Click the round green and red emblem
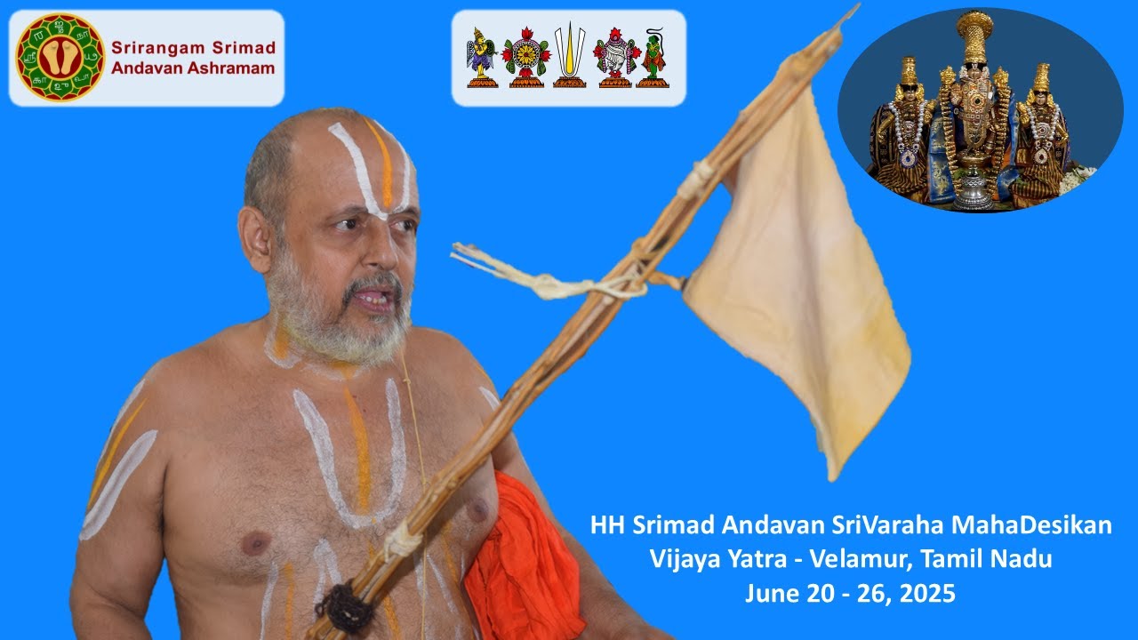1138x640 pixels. (x=60, y=57)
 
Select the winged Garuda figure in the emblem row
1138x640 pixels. (x=481, y=57)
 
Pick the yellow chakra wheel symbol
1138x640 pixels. (x=525, y=59)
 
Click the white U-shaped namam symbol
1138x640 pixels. (x=569, y=54)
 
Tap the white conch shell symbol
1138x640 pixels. (x=614, y=57)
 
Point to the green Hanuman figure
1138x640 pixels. (x=654, y=59)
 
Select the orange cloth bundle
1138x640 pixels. (x=525, y=560)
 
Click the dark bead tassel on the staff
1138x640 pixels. (x=343, y=609)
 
